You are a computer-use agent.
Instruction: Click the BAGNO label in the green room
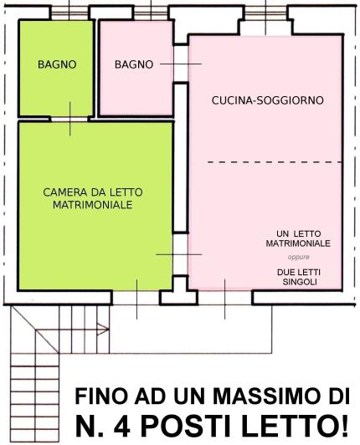pyautogui.click(x=57, y=64)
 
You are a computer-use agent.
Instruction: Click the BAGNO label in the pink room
pyautogui.click(x=133, y=64)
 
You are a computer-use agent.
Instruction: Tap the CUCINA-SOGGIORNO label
pyautogui.click(x=266, y=100)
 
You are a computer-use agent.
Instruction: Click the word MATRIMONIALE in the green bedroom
pyautogui.click(x=92, y=203)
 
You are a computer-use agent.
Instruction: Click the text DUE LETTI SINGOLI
pyautogui.click(x=299, y=277)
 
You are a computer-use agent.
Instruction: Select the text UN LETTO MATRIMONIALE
pyautogui.click(x=299, y=238)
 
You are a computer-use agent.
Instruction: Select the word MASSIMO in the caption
pyautogui.click(x=251, y=395)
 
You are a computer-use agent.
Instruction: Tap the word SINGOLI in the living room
pyautogui.click(x=299, y=283)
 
